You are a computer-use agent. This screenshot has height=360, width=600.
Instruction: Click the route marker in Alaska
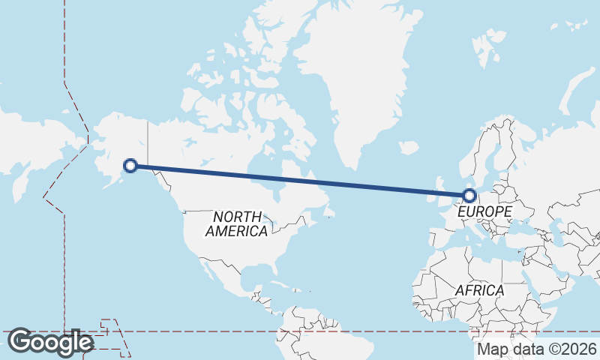130,166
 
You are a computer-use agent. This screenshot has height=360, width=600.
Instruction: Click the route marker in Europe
469,196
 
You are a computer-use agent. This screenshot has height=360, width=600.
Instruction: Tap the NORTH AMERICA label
236,223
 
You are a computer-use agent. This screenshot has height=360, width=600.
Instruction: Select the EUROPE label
484,212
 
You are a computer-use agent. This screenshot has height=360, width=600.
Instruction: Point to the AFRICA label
479,289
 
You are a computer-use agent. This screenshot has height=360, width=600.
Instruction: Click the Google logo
49,342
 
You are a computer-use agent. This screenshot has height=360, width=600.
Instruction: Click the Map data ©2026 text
537,349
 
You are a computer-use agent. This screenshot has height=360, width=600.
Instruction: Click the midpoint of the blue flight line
300,181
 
